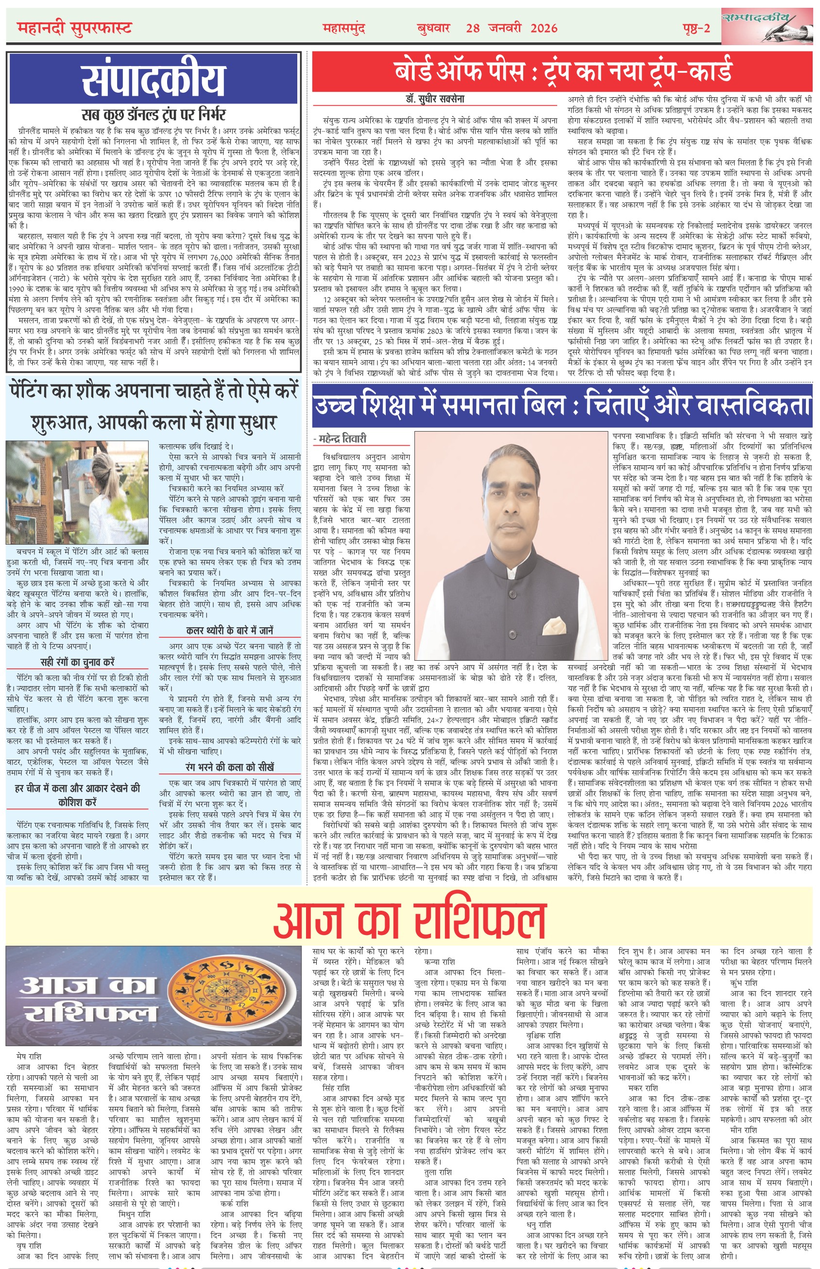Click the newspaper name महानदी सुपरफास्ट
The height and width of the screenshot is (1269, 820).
(x=74, y=28)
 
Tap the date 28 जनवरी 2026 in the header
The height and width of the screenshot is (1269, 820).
(x=511, y=28)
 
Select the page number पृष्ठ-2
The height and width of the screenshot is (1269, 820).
(x=696, y=28)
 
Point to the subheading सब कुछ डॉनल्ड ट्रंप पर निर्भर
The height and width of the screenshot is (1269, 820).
(x=154, y=115)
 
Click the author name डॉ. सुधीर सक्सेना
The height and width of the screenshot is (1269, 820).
(x=432, y=99)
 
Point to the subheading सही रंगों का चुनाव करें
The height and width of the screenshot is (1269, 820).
(x=78, y=662)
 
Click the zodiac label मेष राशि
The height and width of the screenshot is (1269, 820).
(x=29, y=1055)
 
